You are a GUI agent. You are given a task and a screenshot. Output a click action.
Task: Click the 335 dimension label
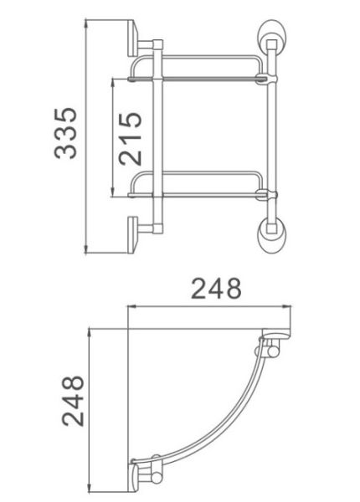click(x=65, y=133)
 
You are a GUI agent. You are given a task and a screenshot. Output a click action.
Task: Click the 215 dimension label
click(x=130, y=138)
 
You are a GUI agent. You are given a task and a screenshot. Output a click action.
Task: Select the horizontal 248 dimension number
click(x=216, y=289)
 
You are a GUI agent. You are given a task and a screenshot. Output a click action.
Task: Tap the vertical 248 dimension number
click(x=73, y=401)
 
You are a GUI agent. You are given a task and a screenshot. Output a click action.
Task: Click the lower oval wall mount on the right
click(x=272, y=235)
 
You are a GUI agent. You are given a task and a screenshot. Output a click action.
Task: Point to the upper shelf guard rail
click(x=197, y=57)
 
